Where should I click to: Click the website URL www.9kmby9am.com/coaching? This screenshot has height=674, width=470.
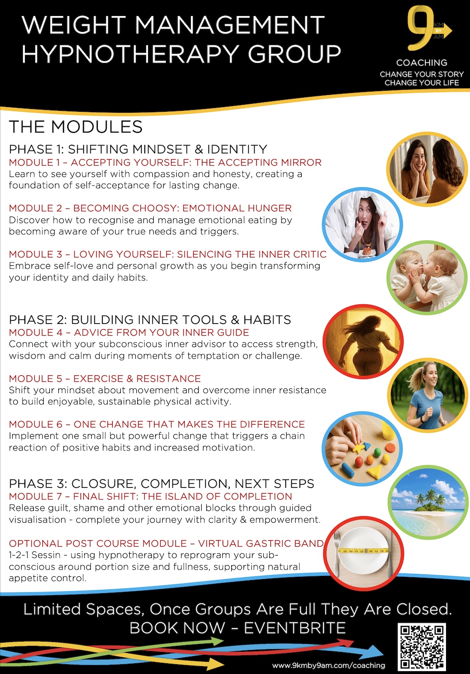click(329, 666)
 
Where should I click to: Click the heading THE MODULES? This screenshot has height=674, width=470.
click(76, 126)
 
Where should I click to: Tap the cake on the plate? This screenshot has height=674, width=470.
click(367, 250)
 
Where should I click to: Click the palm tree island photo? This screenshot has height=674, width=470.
click(428, 502)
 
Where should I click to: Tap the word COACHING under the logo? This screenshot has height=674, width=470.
click(422, 62)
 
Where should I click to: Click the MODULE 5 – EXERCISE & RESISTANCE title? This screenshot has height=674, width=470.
click(105, 379)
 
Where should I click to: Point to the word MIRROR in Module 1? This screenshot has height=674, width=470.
click(301, 163)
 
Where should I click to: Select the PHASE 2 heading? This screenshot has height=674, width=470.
click(150, 319)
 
